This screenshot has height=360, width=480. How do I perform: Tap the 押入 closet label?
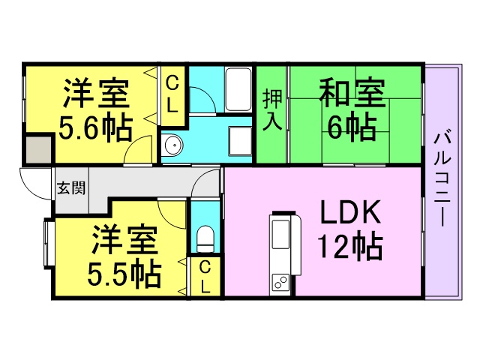coord(273,110)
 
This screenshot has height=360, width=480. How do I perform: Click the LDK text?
coord(352,214)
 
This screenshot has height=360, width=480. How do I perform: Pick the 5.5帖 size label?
coord(124,275)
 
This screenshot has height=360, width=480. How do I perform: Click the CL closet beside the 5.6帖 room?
coord(172,94)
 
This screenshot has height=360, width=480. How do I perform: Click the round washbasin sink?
coord(172,145)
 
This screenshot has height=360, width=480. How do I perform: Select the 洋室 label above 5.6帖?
coord(95,94)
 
